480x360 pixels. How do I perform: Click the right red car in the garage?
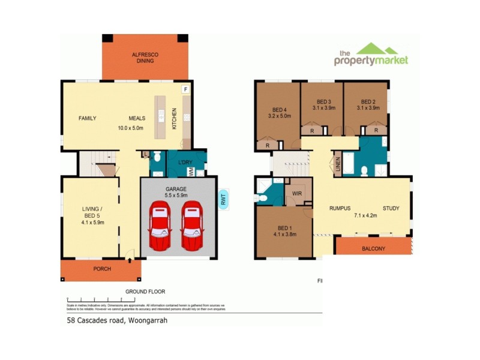[x=192, y=226]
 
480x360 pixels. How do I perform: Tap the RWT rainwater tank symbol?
[x=223, y=199]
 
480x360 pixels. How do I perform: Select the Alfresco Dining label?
[x=143, y=58]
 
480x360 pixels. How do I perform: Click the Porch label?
[x=102, y=269]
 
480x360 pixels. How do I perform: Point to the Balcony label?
[x=373, y=248]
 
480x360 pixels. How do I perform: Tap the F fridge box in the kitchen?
[x=185, y=89]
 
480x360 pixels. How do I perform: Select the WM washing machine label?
[x=191, y=172]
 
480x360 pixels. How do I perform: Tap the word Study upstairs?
[x=390, y=209]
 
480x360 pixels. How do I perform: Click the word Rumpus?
[x=340, y=209]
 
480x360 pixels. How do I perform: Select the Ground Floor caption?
[x=145, y=292]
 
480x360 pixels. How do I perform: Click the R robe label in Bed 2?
[x=376, y=130]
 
